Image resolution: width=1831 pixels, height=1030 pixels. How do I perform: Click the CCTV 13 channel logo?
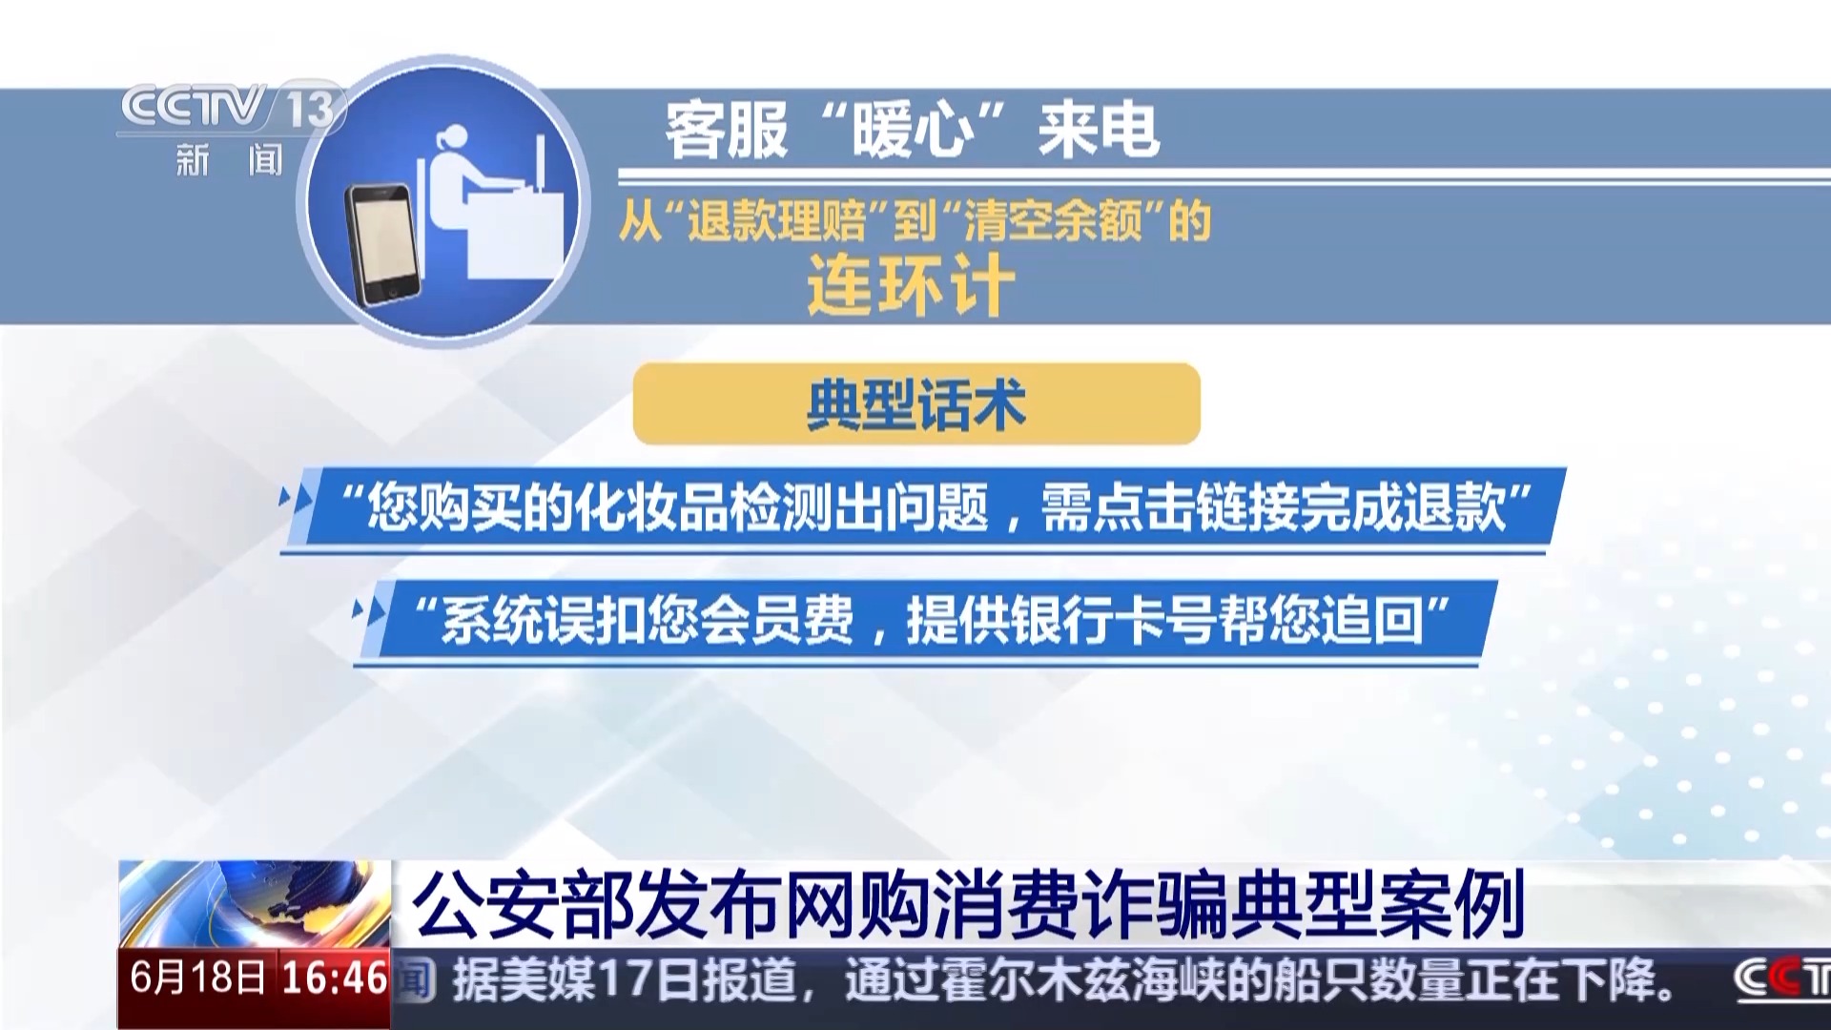pos(230,108)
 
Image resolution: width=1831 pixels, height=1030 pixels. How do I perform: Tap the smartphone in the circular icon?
pos(382,244)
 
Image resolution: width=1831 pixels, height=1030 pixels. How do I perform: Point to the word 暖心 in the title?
pos(914,131)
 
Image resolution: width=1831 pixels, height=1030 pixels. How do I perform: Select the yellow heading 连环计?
pos(911,285)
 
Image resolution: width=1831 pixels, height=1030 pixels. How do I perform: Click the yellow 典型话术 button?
pos(916,403)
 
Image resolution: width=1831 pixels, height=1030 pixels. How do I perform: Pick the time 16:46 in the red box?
pos(335,978)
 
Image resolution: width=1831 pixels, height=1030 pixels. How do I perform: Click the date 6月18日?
pos(198,978)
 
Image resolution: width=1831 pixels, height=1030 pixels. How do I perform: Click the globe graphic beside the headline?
pos(255,903)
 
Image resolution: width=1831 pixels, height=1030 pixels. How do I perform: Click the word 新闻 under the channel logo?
pos(230,159)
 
